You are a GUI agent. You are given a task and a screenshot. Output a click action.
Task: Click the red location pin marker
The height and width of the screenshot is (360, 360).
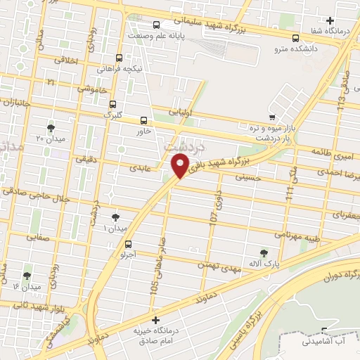point(180,167)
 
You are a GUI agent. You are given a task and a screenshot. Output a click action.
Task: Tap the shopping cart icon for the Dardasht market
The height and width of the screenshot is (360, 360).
point(272,117)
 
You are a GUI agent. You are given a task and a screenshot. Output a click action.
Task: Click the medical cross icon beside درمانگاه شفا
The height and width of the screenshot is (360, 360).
point(330,20)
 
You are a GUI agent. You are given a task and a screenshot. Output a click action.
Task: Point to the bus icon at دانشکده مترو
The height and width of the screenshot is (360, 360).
point(295,38)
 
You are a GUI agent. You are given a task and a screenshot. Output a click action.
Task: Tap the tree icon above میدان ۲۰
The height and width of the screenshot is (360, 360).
point(50,127)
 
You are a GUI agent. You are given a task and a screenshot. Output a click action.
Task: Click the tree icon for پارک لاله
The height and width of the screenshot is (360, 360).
point(264,252)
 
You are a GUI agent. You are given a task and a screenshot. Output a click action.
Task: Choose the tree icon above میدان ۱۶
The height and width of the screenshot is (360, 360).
point(27,275)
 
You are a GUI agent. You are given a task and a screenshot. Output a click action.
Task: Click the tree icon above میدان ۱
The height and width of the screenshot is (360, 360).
point(115,217)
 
